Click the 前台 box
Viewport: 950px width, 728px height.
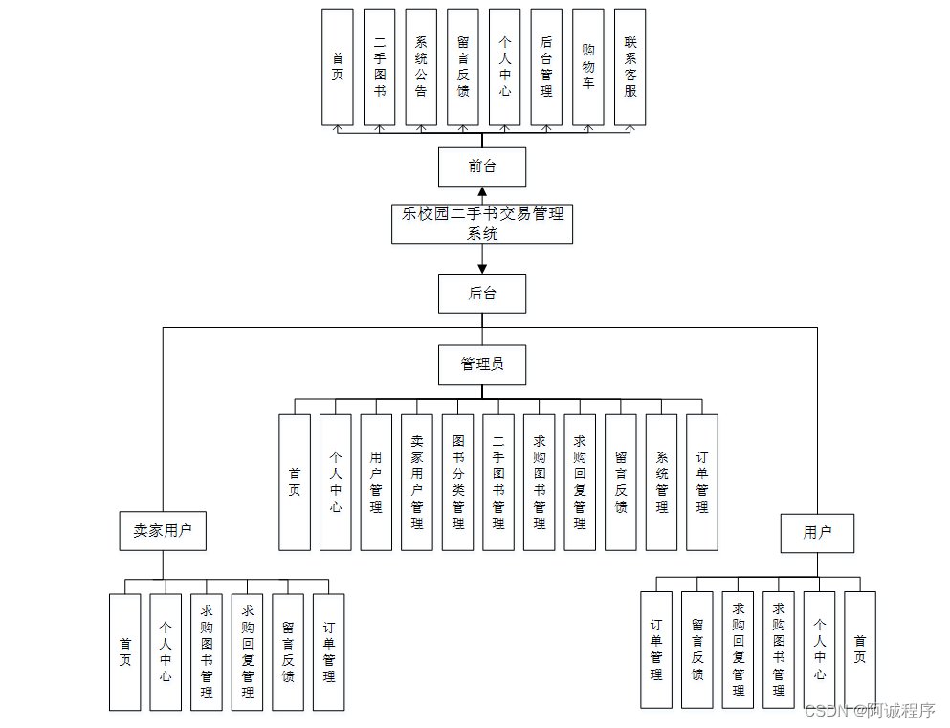pyautogui.click(x=482, y=166)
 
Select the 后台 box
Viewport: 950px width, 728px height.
pyautogui.click(x=482, y=294)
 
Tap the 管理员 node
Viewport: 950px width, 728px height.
pyautogui.click(x=482, y=364)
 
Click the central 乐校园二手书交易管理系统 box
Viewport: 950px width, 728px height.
pyautogui.click(x=482, y=224)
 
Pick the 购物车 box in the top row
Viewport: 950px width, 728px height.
pyautogui.click(x=588, y=68)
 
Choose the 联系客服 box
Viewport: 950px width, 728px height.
pyautogui.click(x=630, y=68)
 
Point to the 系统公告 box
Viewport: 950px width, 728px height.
pyautogui.click(x=421, y=68)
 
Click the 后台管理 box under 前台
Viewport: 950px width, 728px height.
pyautogui.click(x=546, y=68)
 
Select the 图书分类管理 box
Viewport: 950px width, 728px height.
pyautogui.click(x=457, y=482)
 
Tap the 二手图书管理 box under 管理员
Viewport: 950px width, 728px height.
pyautogui.click(x=498, y=482)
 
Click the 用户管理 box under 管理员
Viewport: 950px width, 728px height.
pyautogui.click(x=376, y=482)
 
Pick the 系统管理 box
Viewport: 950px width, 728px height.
pyautogui.click(x=661, y=482)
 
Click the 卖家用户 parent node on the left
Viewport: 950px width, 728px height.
pyautogui.click(x=163, y=531)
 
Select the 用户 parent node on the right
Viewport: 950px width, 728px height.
pyautogui.click(x=817, y=533)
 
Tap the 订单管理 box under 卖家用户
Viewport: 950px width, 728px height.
pyautogui.click(x=328, y=652)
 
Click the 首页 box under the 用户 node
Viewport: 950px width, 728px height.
pyautogui.click(x=859, y=649)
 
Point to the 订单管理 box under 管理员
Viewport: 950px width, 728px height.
pyautogui.click(x=702, y=482)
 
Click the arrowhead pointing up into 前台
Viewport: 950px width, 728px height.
pyautogui.click(x=482, y=192)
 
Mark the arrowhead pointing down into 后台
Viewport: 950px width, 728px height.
pyautogui.click(x=482, y=267)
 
